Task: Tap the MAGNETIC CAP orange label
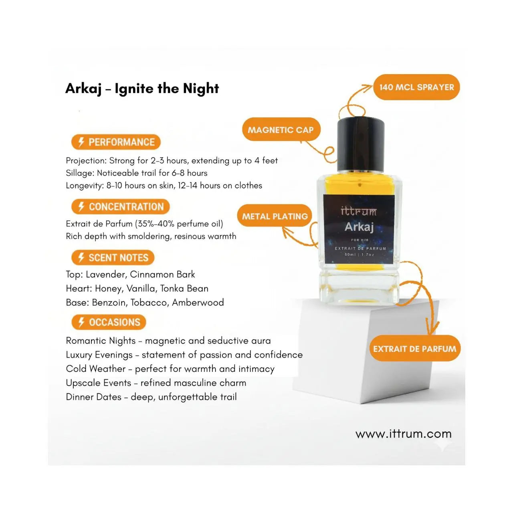[x=281, y=129]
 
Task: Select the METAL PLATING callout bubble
[x=275, y=216]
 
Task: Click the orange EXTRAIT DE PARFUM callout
[x=415, y=348]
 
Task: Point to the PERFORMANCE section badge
[x=116, y=142]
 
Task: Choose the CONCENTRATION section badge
[x=120, y=206]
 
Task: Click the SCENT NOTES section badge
[x=113, y=257]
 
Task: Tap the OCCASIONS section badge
[x=109, y=322]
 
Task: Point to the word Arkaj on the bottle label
[x=359, y=227]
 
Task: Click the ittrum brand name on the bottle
[x=359, y=212]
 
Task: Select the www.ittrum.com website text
[x=404, y=434]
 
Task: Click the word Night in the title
[x=201, y=89]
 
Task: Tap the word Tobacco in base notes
[x=149, y=303]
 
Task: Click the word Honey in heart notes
[x=109, y=289]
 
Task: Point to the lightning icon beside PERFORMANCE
[x=81, y=142]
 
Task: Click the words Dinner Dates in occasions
[x=93, y=397]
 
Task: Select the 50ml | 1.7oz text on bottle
[x=360, y=254]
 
